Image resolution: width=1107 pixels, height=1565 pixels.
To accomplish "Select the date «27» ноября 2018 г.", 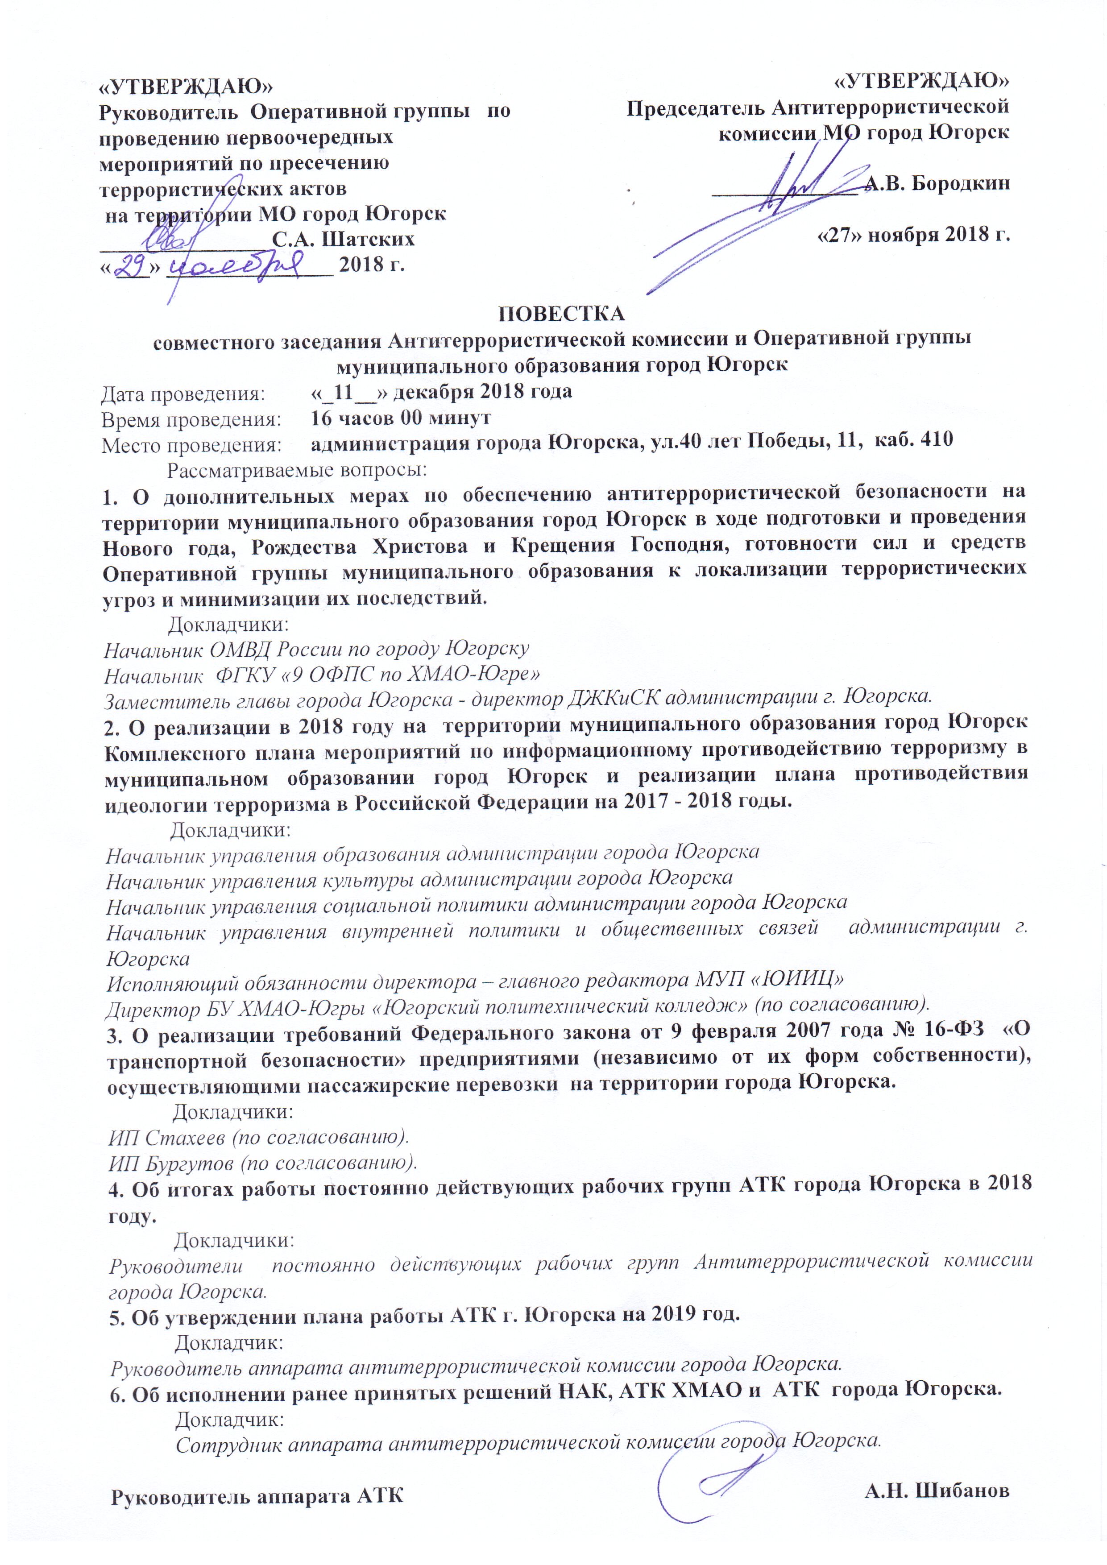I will pos(913,235).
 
